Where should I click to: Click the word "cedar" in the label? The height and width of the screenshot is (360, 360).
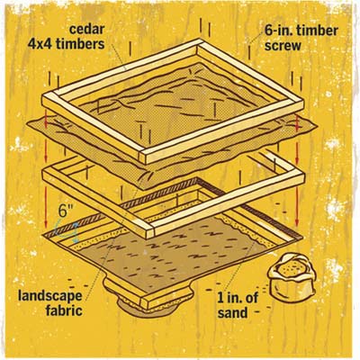(x=86, y=30)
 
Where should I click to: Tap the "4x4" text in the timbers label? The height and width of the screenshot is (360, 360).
(x=40, y=44)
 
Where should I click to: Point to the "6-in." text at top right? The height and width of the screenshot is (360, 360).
(x=278, y=31)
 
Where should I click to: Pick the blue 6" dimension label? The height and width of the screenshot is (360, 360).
(x=65, y=211)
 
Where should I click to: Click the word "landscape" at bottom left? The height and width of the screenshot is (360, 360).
(x=49, y=296)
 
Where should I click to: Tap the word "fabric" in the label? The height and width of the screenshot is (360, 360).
(x=64, y=310)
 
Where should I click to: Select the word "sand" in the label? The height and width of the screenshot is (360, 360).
(x=233, y=313)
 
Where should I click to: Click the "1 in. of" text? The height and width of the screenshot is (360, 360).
(x=238, y=298)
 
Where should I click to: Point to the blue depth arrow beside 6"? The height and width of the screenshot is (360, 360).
(x=75, y=232)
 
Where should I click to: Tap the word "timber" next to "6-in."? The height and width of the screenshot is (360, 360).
(x=317, y=31)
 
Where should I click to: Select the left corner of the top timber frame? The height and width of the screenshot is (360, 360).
(x=42, y=99)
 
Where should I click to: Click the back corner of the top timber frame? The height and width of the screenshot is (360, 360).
(x=201, y=40)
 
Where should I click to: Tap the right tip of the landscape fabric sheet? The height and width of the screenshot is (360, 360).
(x=317, y=126)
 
